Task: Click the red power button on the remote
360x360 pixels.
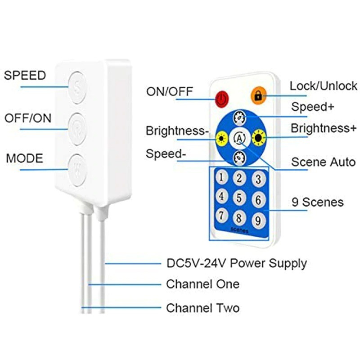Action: (x=221, y=98)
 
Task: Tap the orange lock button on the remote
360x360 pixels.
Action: (x=258, y=96)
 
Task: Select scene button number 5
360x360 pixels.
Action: (x=239, y=198)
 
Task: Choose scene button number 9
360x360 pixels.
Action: (x=257, y=220)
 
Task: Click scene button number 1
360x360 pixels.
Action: (x=221, y=177)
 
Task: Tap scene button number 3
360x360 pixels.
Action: (x=257, y=180)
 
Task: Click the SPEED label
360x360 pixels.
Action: (x=25, y=75)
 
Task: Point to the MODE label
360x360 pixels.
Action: (x=25, y=159)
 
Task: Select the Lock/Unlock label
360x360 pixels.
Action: (x=323, y=85)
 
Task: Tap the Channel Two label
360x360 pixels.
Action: (x=203, y=308)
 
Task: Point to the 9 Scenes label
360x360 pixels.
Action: (x=316, y=202)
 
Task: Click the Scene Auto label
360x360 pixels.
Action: (x=323, y=162)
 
